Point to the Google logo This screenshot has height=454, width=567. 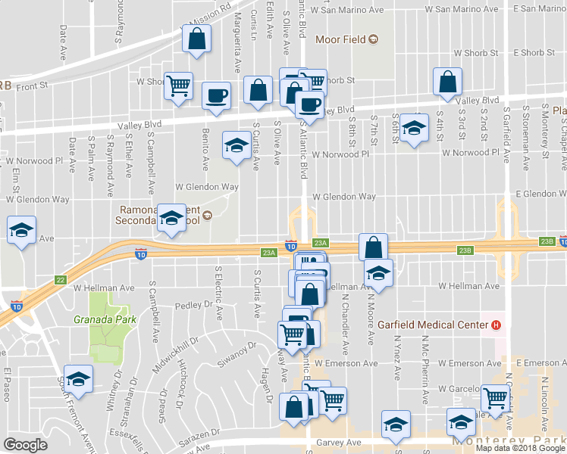coord(25,445)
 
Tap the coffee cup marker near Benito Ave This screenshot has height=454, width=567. coord(217,96)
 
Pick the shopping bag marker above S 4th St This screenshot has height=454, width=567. coord(448,83)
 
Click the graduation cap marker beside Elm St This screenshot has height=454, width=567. coord(21,230)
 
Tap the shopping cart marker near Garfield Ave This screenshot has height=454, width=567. coord(495,398)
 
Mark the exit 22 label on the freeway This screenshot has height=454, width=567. coord(61,280)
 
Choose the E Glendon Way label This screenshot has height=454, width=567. coord(541,194)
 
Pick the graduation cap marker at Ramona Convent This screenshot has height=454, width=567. coord(171,219)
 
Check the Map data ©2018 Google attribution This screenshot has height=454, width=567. coord(520,448)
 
